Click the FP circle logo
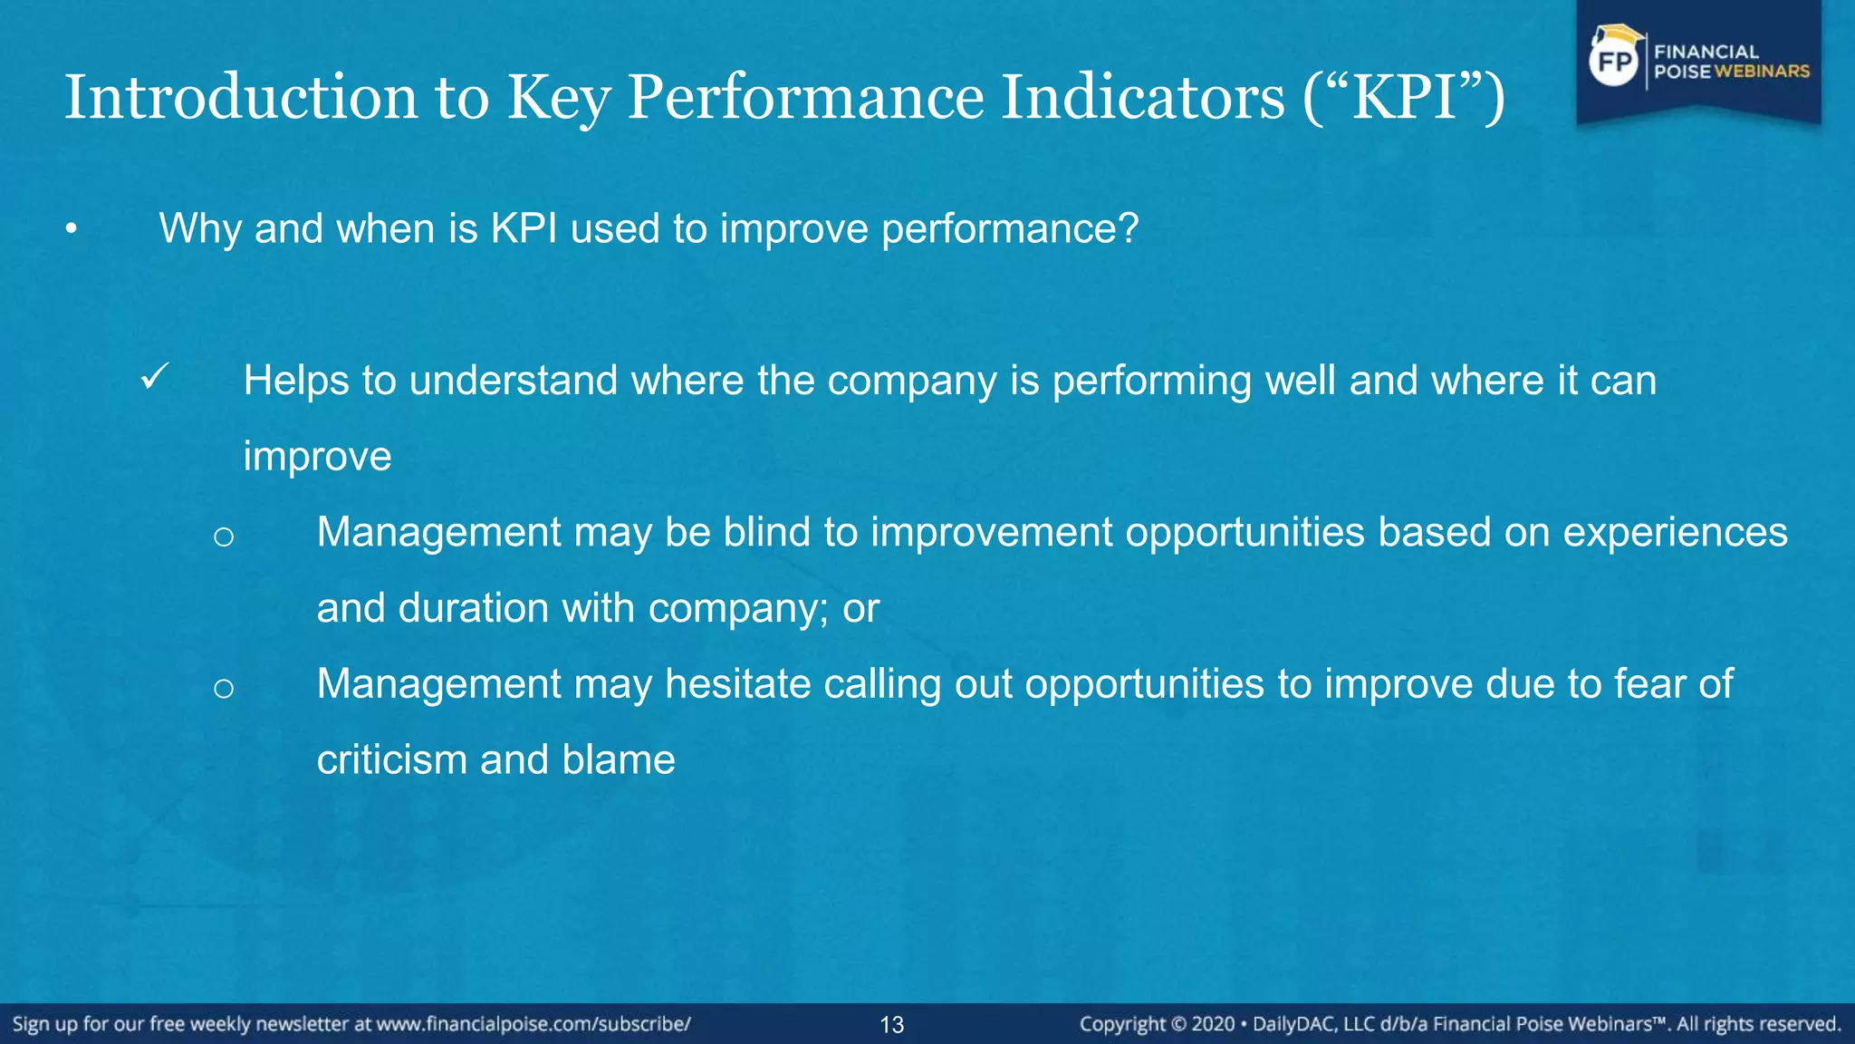[x=1615, y=62]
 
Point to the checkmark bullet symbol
[x=155, y=376]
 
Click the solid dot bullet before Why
[x=72, y=229]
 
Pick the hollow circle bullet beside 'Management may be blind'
[x=224, y=536]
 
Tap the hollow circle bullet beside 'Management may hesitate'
[x=224, y=689]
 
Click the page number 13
[x=892, y=1025]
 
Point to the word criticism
[x=391, y=759]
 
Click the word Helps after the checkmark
[x=295, y=381]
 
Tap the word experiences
[x=1675, y=532]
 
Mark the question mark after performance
[x=1129, y=228]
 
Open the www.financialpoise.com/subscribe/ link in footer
[x=533, y=1024]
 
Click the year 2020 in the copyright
[x=1213, y=1024]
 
